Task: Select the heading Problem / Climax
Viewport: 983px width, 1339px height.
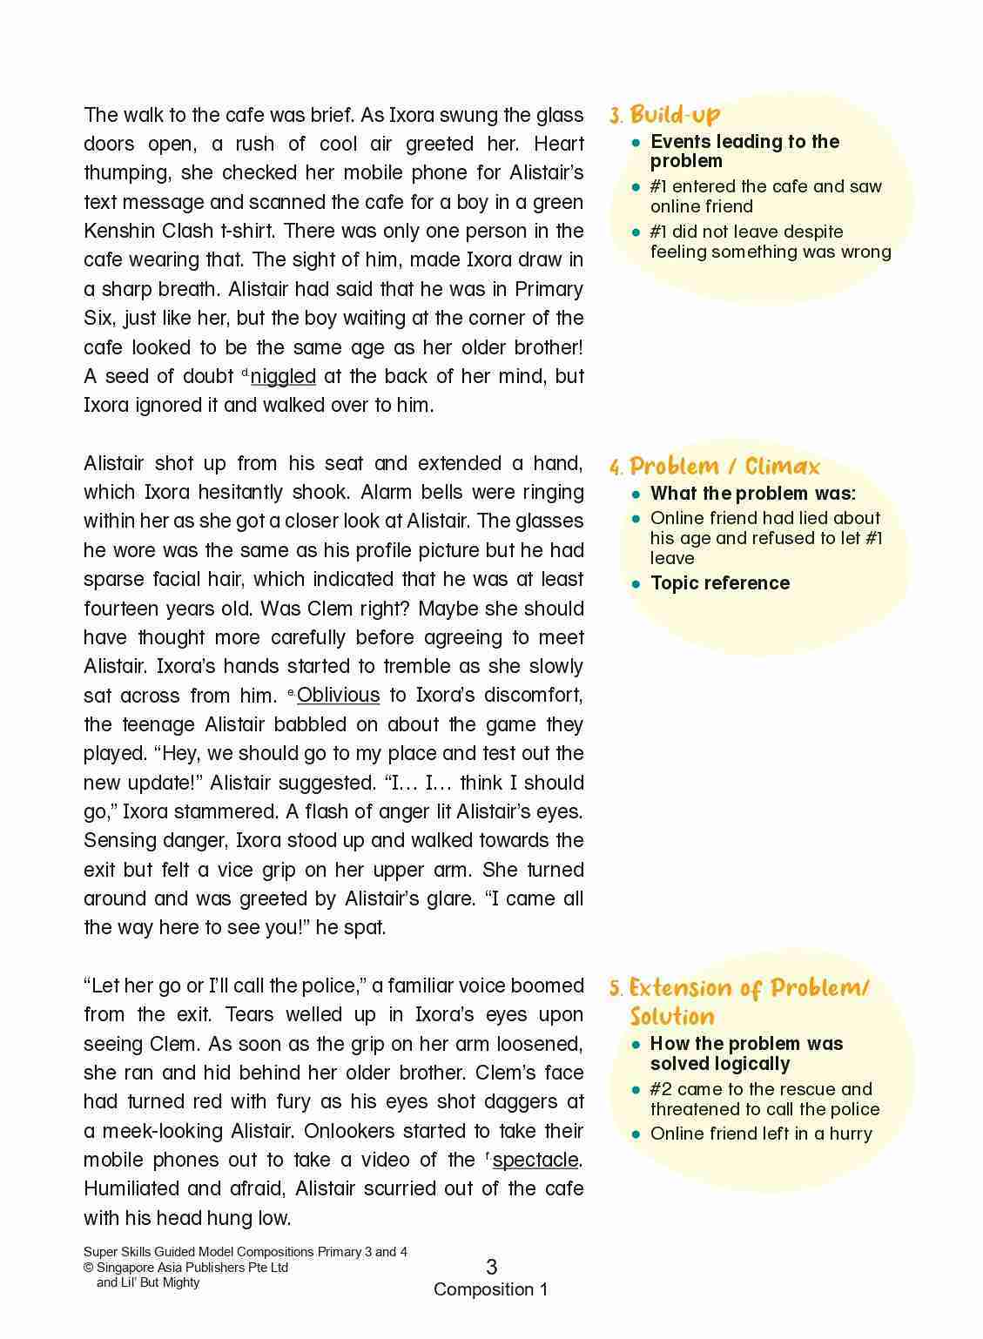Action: coord(724,466)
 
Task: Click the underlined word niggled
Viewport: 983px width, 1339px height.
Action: coord(283,376)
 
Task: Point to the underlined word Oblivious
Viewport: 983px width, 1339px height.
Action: coord(339,695)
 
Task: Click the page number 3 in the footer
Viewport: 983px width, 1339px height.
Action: coord(491,1267)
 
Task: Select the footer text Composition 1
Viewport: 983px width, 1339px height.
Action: coord(491,1289)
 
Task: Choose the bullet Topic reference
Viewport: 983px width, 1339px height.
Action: coord(720,583)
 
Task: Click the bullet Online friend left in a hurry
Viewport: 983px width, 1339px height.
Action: coord(761,1134)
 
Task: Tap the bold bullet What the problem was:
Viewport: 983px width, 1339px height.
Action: coord(753,494)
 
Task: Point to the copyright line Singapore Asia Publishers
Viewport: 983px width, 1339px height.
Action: coord(186,1268)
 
